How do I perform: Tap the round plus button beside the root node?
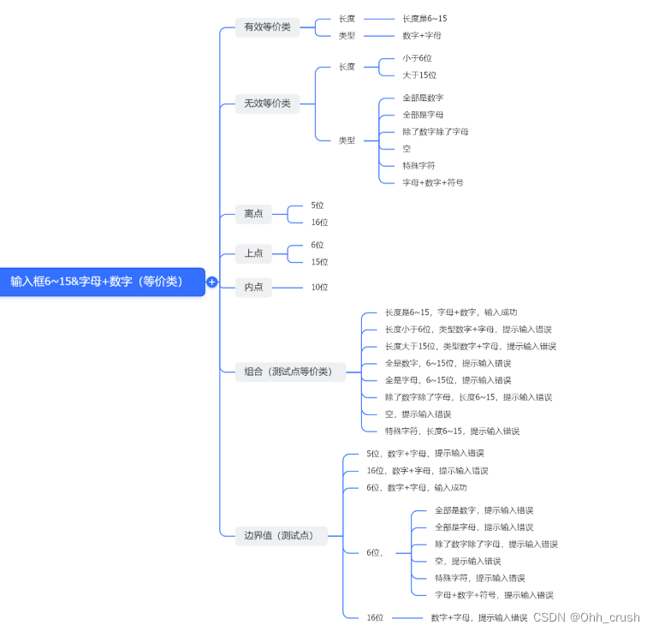pyautogui.click(x=212, y=282)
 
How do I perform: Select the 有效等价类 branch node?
pyautogui.click(x=267, y=27)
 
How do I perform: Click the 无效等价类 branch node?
pyautogui.click(x=267, y=104)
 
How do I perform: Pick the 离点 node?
pyautogui.click(x=253, y=213)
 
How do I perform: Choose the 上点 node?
pyautogui.click(x=253, y=253)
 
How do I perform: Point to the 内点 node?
pyautogui.click(x=253, y=287)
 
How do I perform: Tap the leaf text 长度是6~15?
pyautogui.click(x=424, y=18)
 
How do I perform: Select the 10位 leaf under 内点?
pyautogui.click(x=319, y=287)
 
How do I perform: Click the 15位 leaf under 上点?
pyautogui.click(x=319, y=262)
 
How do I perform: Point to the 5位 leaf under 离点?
pyautogui.click(x=318, y=205)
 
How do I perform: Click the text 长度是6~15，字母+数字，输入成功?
pyautogui.click(x=450, y=313)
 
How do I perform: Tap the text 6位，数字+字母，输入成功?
pyautogui.click(x=416, y=487)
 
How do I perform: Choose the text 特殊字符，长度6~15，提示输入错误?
pyautogui.click(x=452, y=431)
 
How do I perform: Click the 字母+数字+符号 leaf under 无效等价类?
pyautogui.click(x=433, y=182)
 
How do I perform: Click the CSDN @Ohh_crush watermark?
pyautogui.click(x=586, y=617)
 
